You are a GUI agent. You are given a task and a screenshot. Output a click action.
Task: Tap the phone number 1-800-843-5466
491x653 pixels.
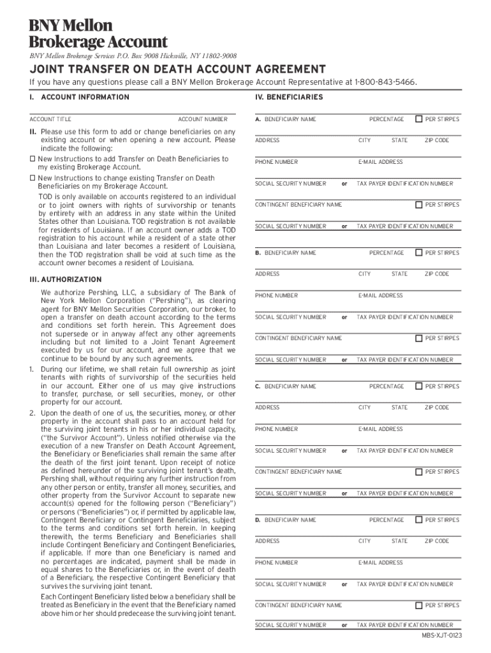pyautogui.click(x=386, y=82)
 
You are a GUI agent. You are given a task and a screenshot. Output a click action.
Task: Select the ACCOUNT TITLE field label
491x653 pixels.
pyautogui.click(x=50, y=119)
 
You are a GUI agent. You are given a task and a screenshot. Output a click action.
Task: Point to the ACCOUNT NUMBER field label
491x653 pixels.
pyautogui.click(x=202, y=119)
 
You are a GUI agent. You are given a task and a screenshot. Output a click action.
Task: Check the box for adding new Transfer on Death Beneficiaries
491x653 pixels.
pyautogui.click(x=33, y=159)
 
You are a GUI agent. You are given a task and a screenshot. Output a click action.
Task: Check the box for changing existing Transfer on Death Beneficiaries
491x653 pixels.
pyautogui.click(x=33, y=179)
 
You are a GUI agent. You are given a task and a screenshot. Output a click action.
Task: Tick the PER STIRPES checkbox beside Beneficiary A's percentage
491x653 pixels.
pyautogui.click(x=418, y=119)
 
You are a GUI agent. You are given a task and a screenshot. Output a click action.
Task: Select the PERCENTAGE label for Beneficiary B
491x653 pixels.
pyautogui.click(x=386, y=253)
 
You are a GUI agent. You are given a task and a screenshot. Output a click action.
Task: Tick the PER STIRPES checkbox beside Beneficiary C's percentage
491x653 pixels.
pyautogui.click(x=418, y=386)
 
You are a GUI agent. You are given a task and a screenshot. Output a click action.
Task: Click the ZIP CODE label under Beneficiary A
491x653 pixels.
pyautogui.click(x=437, y=140)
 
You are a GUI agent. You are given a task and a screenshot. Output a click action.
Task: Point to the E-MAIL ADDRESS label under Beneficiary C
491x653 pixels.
pyautogui.click(x=381, y=429)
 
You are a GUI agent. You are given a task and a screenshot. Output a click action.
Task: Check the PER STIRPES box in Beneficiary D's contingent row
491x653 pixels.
pyautogui.click(x=418, y=605)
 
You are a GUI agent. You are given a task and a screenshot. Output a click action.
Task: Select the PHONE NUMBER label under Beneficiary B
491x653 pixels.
pyautogui.click(x=276, y=296)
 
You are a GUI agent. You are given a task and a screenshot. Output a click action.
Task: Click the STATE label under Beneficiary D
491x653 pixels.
pyautogui.click(x=400, y=541)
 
